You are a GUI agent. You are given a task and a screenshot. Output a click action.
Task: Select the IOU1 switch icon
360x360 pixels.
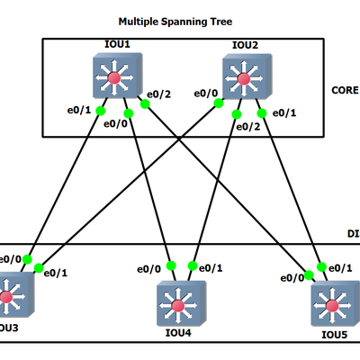(x=114, y=77)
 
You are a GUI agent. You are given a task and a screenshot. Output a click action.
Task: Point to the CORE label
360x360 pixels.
(x=345, y=90)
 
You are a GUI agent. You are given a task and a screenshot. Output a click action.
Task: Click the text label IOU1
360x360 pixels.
(x=115, y=45)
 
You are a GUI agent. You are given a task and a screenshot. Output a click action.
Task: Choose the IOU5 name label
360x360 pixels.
(x=334, y=335)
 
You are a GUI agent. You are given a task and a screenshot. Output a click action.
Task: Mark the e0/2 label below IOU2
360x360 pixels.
(x=247, y=126)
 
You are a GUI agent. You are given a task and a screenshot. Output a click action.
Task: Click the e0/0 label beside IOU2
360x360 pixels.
(x=205, y=94)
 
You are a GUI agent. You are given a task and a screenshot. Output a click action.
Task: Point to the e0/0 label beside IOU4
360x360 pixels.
(x=148, y=268)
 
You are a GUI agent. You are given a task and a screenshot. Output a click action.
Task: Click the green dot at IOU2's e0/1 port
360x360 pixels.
(x=262, y=112)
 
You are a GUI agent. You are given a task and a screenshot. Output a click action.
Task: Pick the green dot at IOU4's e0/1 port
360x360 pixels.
(x=191, y=265)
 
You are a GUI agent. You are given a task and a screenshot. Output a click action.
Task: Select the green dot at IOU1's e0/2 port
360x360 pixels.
(x=144, y=103)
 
